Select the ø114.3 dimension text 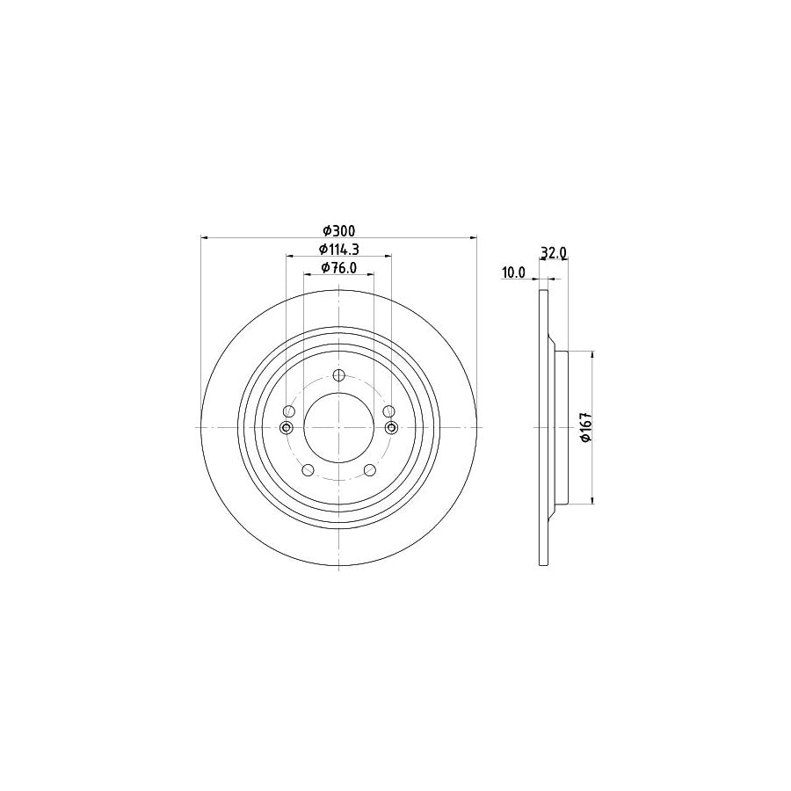pos(338,249)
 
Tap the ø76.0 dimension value pos(338,268)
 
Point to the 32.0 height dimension pos(553,252)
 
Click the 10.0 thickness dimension pos(512,272)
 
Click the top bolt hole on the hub pos(339,375)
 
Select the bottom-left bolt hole pos(308,470)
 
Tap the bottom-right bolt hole pos(370,470)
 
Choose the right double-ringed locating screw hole pos(392,428)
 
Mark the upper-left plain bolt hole pos(289,411)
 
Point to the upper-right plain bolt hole pos(389,411)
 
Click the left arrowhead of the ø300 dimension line pos(206,237)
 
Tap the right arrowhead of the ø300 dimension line pos(473,237)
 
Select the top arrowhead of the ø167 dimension pos(593,354)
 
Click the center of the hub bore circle pos(339,428)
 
